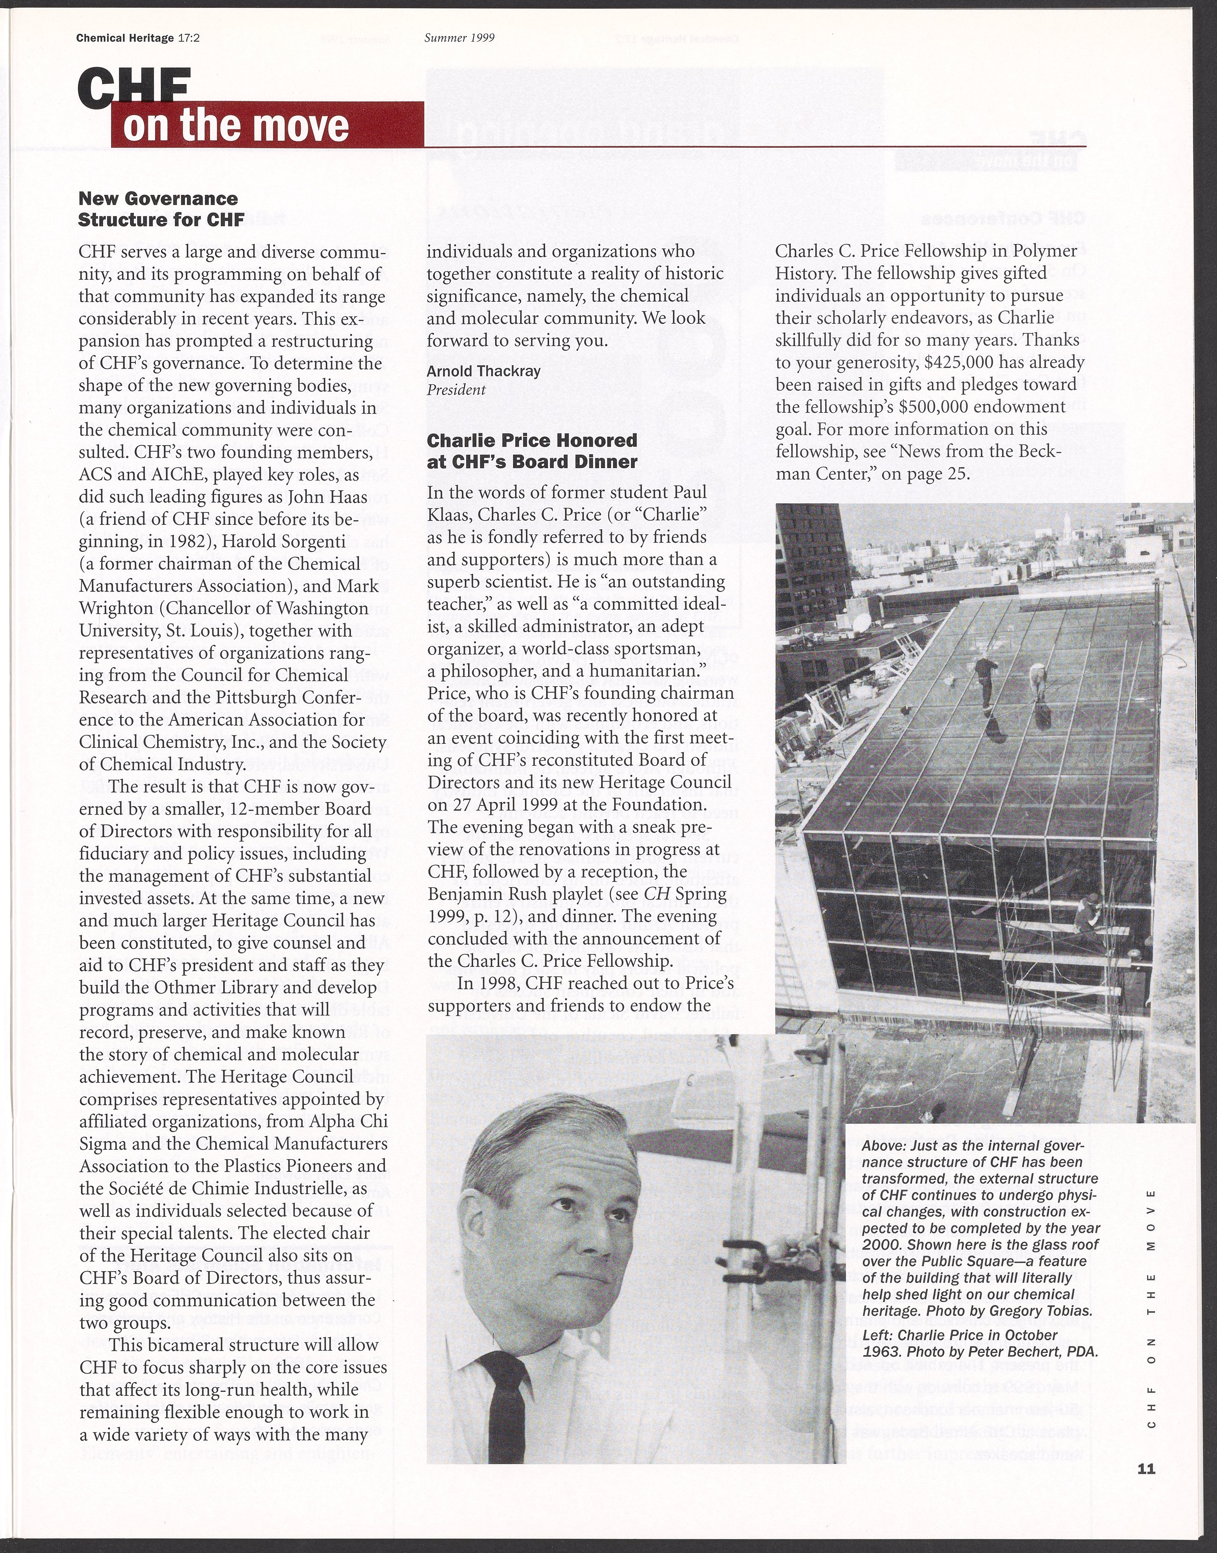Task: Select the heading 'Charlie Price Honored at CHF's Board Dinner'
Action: click(x=531, y=451)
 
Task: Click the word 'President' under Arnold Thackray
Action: click(x=456, y=390)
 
